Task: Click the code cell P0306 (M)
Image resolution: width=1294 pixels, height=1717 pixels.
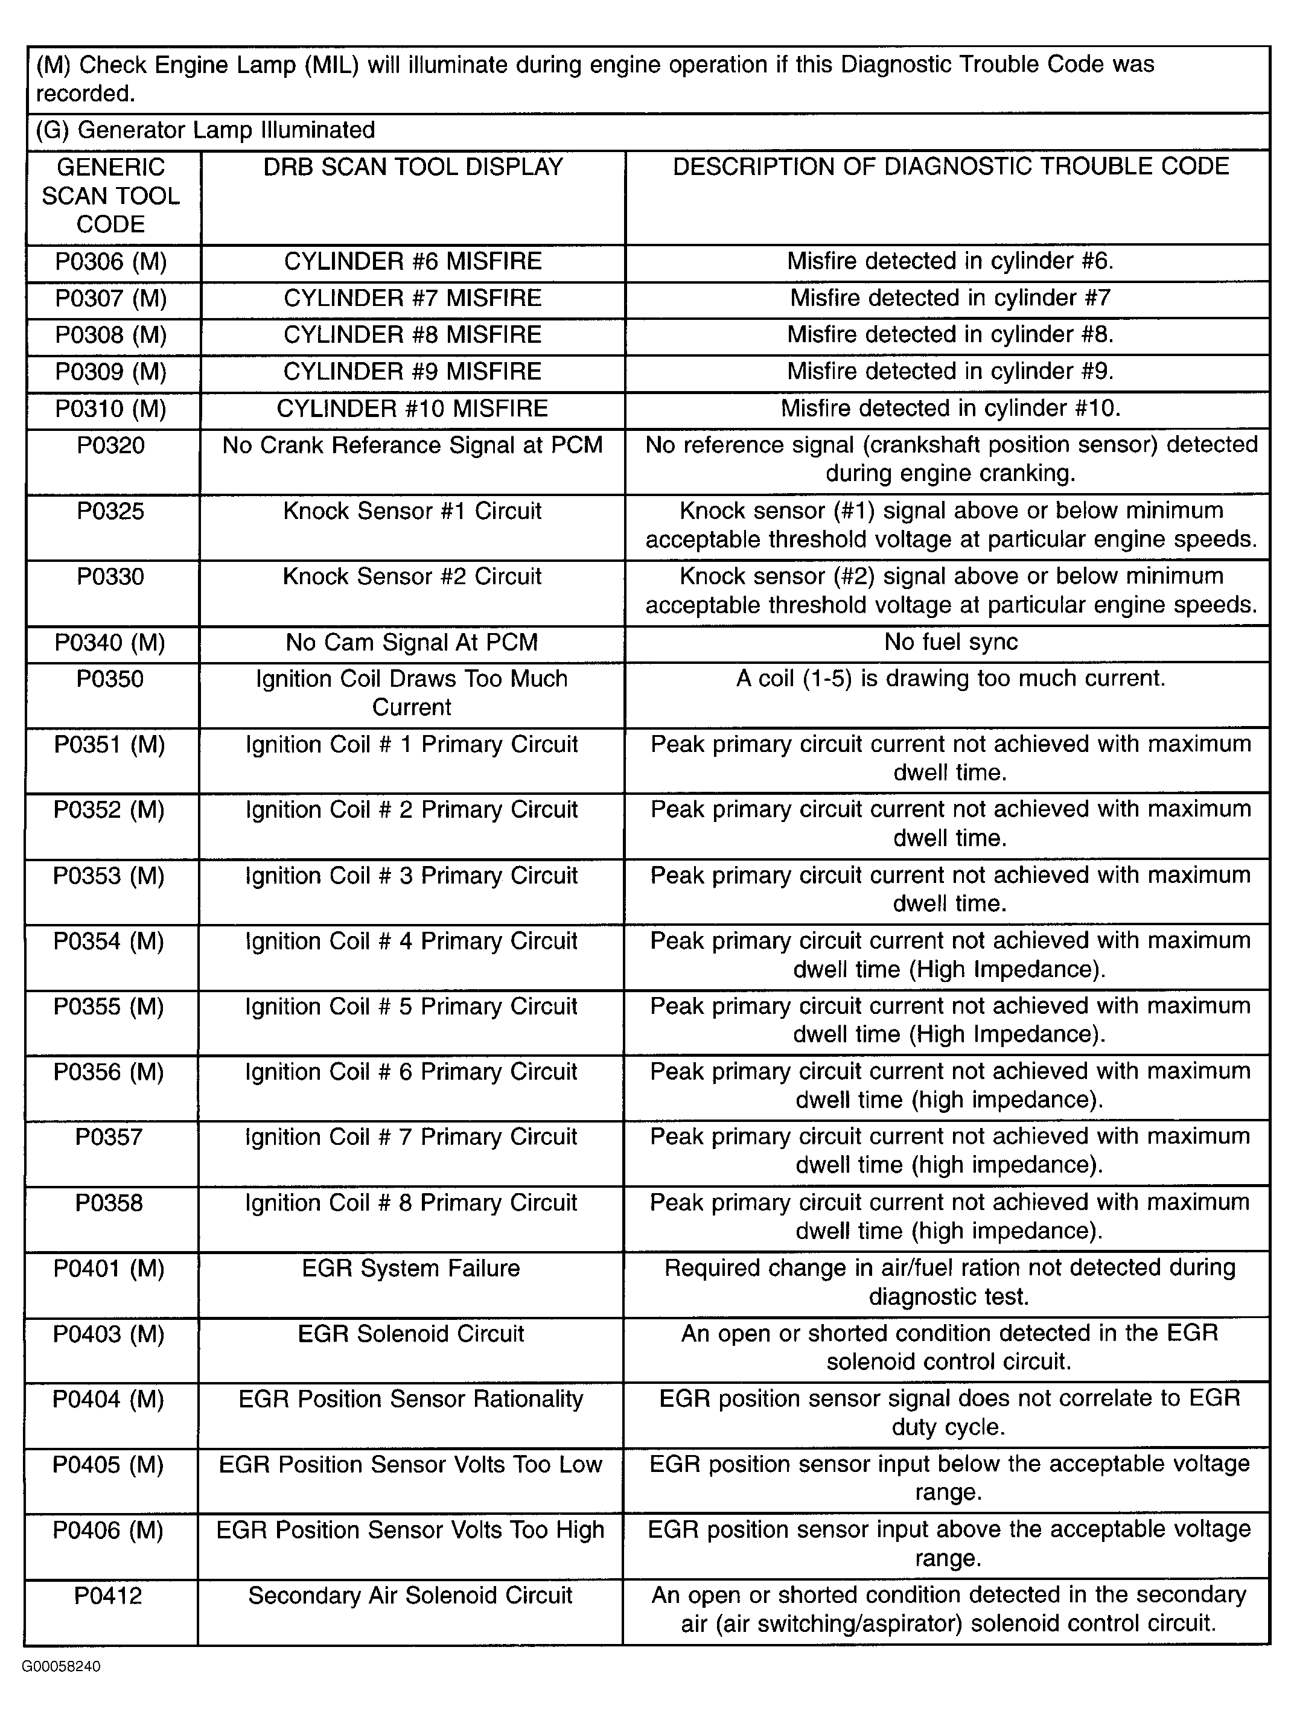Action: (111, 261)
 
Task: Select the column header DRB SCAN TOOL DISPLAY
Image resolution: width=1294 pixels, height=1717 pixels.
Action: (412, 167)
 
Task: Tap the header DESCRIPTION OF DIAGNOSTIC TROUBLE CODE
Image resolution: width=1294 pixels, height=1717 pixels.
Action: (950, 167)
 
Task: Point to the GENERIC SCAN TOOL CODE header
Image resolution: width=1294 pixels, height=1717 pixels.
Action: (111, 196)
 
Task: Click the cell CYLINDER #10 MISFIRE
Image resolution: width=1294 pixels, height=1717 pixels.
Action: (412, 409)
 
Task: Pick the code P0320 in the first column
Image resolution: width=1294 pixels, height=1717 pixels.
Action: (111, 445)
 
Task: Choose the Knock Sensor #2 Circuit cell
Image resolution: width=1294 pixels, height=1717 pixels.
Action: (412, 577)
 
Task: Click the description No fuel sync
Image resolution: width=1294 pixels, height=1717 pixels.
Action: (950, 642)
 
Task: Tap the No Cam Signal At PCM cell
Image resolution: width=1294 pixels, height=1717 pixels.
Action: (412, 643)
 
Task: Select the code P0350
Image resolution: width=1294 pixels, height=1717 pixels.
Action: (110, 679)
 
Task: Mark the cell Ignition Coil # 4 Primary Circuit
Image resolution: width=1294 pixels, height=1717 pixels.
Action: (412, 941)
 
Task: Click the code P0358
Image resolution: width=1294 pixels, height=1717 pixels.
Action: (109, 1203)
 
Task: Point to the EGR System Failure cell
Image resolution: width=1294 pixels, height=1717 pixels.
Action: (412, 1269)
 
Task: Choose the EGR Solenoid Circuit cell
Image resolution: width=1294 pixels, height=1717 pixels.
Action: (412, 1334)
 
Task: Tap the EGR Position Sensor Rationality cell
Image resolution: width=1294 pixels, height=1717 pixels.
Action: (412, 1399)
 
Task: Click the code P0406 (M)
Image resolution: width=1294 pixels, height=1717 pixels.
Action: (109, 1530)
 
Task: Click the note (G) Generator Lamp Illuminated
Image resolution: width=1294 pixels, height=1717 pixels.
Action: (206, 130)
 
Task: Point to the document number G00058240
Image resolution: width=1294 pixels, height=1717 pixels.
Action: (62, 1666)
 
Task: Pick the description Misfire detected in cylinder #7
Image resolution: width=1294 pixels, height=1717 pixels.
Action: (950, 298)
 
